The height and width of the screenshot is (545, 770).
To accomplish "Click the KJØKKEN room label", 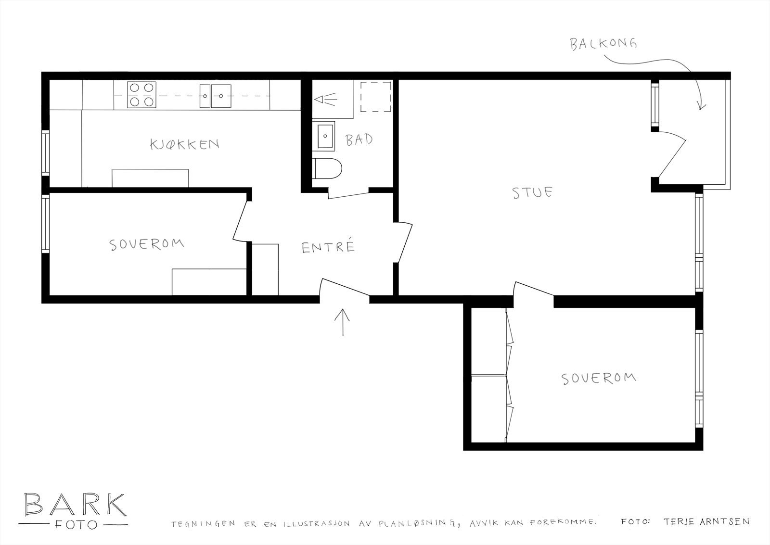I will (185, 144).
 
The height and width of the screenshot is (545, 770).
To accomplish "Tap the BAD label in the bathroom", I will (359, 140).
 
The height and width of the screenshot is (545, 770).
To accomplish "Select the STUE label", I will (532, 193).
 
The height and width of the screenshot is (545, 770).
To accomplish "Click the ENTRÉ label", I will (328, 247).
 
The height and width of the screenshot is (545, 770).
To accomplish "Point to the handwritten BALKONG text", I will (603, 45).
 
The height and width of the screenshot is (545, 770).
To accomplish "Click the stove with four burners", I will (141, 95).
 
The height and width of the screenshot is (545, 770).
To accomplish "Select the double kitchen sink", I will (216, 96).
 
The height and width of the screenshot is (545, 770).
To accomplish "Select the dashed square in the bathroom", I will (376, 96).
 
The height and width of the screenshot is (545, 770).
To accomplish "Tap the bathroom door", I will (349, 192).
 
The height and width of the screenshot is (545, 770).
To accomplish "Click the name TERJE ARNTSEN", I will (706, 521).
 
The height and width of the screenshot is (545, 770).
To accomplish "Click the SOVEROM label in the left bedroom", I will (147, 244).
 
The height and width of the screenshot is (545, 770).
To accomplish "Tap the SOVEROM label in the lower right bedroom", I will (599, 379).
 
